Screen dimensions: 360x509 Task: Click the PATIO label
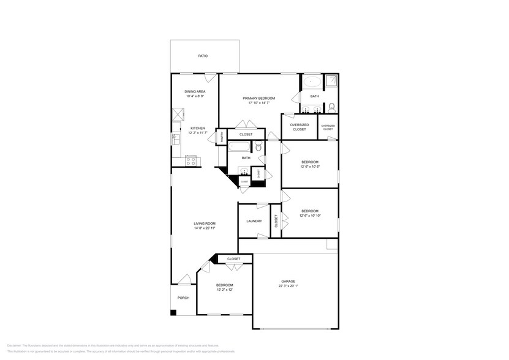(x=203, y=56)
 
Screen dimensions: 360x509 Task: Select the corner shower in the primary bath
(x=331, y=81)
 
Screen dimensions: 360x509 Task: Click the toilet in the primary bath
(x=331, y=108)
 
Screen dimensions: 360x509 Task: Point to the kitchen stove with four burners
(x=191, y=162)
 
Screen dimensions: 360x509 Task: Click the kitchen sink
(x=175, y=139)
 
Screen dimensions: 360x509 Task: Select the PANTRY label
(x=221, y=137)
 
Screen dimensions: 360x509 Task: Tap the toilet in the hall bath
(x=258, y=147)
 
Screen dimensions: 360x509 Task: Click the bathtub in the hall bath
(x=239, y=147)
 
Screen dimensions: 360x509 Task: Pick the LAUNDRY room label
(x=254, y=221)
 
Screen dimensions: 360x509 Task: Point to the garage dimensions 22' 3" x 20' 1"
(x=287, y=286)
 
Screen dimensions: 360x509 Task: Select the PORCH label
(x=183, y=298)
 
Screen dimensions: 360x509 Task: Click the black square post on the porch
(x=174, y=313)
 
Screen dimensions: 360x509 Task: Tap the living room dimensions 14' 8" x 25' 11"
(x=205, y=228)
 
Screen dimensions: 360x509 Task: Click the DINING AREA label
(x=195, y=91)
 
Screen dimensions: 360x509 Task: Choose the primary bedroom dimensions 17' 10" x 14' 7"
(x=258, y=103)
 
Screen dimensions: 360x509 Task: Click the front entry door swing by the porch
(x=184, y=281)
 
